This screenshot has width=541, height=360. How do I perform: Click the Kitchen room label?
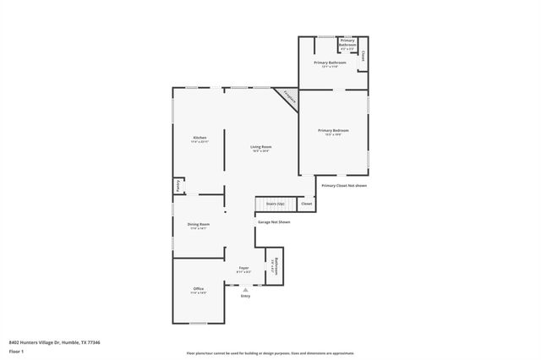(199, 139)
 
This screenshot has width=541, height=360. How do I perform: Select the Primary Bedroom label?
(333, 132)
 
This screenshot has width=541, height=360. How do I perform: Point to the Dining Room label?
(199, 225)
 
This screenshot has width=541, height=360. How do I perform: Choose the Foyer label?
(243, 269)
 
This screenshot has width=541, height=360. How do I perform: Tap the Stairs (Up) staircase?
(275, 204)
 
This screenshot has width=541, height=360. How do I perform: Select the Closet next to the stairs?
(306, 204)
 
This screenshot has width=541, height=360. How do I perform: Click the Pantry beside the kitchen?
(178, 185)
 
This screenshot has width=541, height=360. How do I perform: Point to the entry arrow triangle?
(245, 289)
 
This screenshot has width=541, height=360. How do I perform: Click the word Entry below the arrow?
(245, 297)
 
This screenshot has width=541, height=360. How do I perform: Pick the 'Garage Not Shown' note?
(274, 221)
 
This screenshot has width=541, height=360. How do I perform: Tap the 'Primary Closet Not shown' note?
(344, 186)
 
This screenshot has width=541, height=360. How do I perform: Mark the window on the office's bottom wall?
(198, 324)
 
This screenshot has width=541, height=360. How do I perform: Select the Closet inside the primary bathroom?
(363, 56)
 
